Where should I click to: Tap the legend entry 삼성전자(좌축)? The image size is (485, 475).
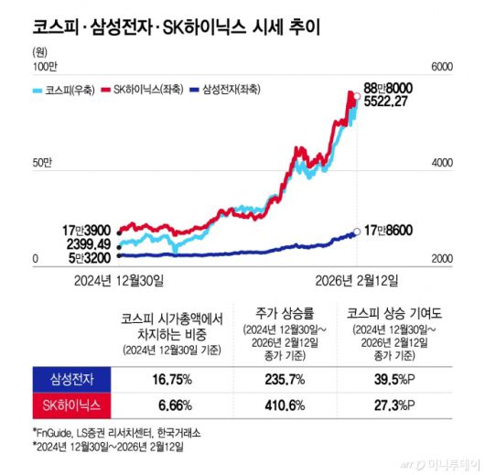pyautogui.click(x=232, y=90)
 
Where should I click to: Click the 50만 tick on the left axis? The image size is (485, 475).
pyautogui.click(x=43, y=162)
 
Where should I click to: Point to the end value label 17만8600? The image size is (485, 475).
pyautogui.click(x=391, y=232)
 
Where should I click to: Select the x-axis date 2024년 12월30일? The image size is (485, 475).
pyautogui.click(x=120, y=277)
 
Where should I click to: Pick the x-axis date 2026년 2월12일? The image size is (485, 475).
pyautogui.click(x=358, y=277)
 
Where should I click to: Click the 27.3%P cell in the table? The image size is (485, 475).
pyautogui.click(x=385, y=403)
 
